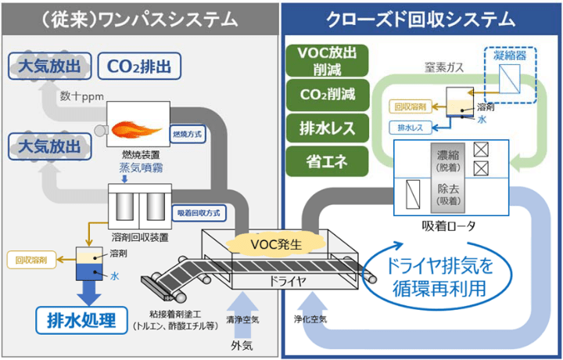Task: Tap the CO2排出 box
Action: [141, 65]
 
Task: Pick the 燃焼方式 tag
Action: [187, 134]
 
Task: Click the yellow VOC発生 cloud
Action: [282, 243]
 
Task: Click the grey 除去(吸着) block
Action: [449, 196]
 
